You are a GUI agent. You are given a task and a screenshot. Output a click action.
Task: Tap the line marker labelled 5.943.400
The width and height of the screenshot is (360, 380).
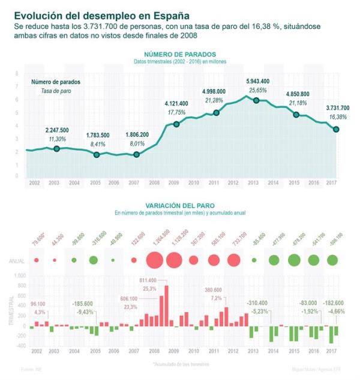pyautogui.click(x=256, y=100)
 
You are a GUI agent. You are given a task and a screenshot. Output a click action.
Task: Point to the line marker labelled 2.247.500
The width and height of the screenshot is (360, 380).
pyautogui.click(x=56, y=148)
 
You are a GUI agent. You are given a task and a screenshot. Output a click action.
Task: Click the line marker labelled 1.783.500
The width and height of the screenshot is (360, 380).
pyautogui.click(x=97, y=155)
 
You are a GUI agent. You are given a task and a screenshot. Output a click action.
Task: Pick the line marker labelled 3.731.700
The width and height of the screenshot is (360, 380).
pyautogui.click(x=336, y=129)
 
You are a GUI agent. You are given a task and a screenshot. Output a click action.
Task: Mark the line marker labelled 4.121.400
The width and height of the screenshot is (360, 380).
pyautogui.click(x=176, y=124)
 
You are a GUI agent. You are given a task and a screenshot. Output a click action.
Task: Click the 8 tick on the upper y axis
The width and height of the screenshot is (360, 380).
pyautogui.click(x=16, y=73)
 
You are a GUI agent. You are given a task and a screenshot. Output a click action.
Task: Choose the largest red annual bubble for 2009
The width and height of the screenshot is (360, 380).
pyautogui.click(x=174, y=260)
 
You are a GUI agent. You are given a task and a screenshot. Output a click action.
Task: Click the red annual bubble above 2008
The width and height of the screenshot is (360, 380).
pyautogui.click(x=154, y=260)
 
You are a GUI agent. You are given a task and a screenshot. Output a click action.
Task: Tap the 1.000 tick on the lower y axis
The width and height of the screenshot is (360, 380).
pyautogui.click(x=20, y=276)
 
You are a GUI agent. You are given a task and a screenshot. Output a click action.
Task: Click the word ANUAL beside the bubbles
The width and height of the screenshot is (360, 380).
pyautogui.click(x=16, y=261)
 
